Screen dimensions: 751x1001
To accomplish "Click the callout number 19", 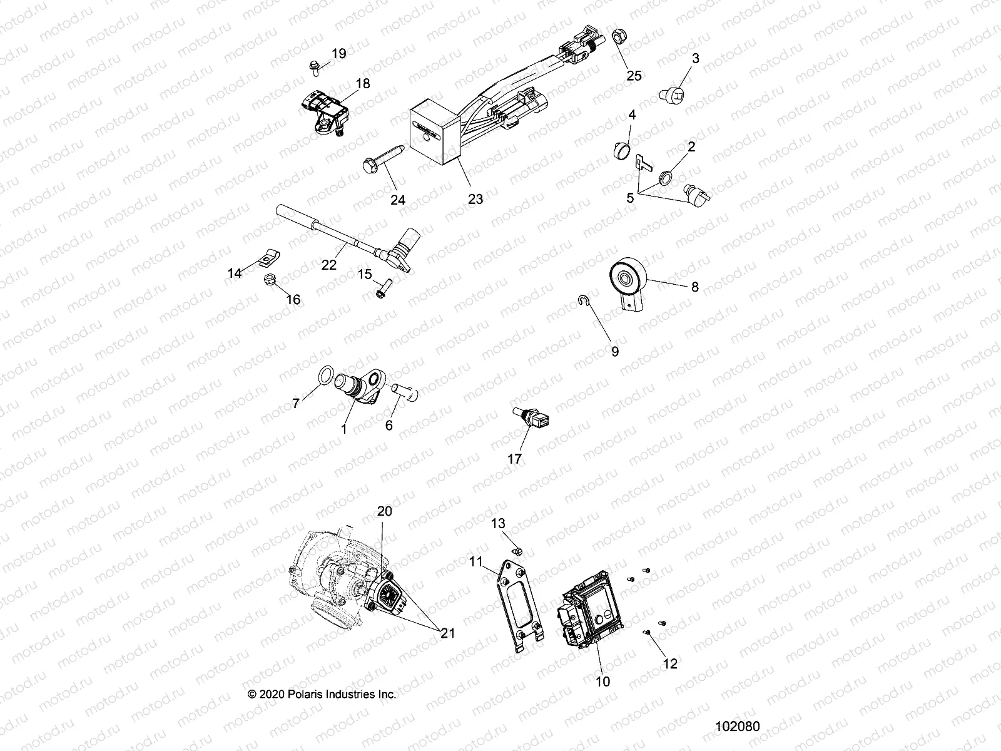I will point(338,54).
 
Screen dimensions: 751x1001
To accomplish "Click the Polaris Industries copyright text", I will point(322,694).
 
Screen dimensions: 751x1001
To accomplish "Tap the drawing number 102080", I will point(738,727).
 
